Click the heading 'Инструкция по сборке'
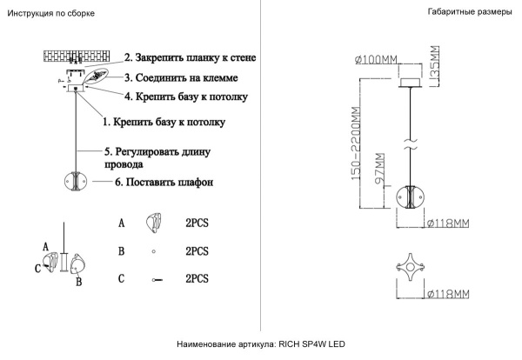[50, 15]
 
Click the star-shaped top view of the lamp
[407, 266]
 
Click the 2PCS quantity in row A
[197, 223]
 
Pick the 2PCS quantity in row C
[197, 278]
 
